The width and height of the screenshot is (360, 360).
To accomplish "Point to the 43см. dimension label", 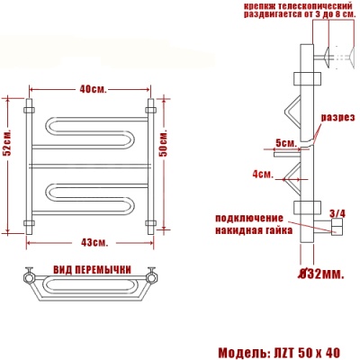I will coord(94,243).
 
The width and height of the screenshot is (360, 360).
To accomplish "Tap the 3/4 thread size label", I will coord(337,213).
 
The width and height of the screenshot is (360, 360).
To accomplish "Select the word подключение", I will coord(247,218).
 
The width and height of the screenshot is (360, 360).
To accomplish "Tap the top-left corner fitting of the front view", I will coord(28,112).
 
